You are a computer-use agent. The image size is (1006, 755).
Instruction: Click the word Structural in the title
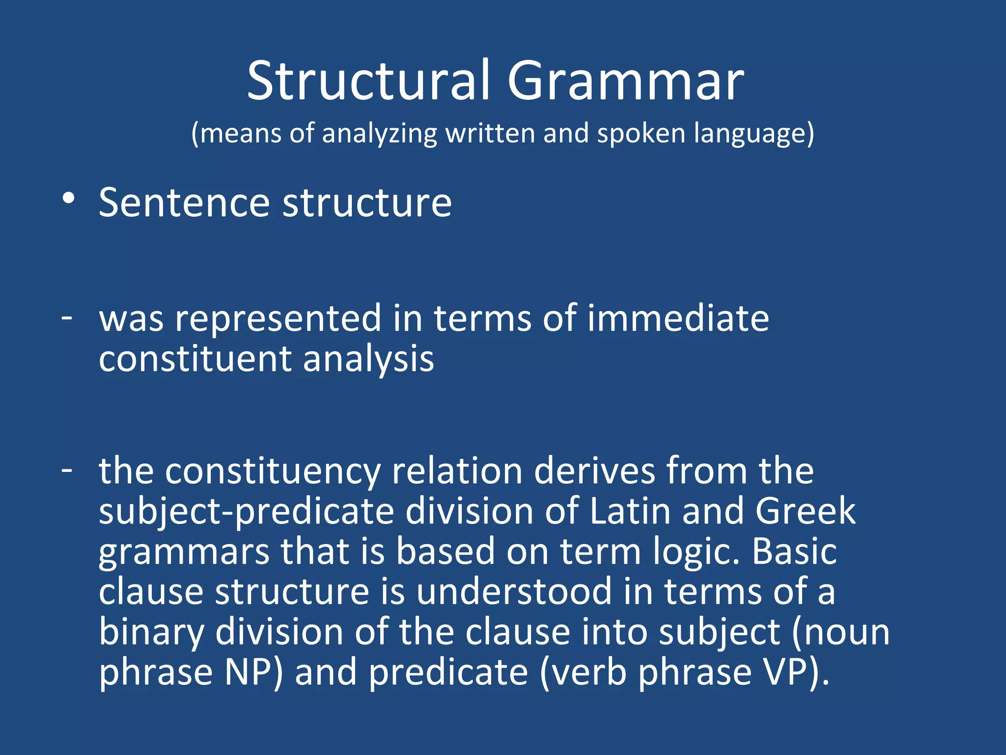tap(368, 81)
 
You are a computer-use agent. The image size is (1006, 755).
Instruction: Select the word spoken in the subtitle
tap(641, 134)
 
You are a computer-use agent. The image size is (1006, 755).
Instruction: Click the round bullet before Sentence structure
tap(69, 199)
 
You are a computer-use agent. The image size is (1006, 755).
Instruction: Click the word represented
tap(278, 319)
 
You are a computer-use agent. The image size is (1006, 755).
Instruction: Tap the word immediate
tap(678, 319)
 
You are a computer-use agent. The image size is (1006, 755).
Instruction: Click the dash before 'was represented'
tap(67, 318)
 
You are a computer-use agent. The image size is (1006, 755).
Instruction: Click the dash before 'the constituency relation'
tap(67, 470)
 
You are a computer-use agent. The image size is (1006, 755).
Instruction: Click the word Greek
tap(805, 511)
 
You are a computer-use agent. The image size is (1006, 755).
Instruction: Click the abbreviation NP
tap(248, 672)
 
